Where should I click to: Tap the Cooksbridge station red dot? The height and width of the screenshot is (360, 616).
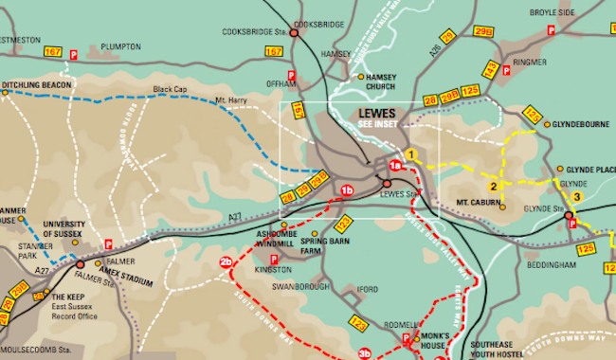pos(294,33)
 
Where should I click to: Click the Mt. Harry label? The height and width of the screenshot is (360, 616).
pos(231,99)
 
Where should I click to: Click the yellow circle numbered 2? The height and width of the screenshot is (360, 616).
pos(493,186)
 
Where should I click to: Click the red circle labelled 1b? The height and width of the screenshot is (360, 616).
pos(347,190)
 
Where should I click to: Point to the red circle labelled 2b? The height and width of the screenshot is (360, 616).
pos(226,262)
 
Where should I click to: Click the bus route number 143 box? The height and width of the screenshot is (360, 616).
pos(490,69)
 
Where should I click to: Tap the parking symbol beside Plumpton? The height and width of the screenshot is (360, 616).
pos(74,55)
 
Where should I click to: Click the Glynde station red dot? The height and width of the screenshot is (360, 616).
pos(569,216)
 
